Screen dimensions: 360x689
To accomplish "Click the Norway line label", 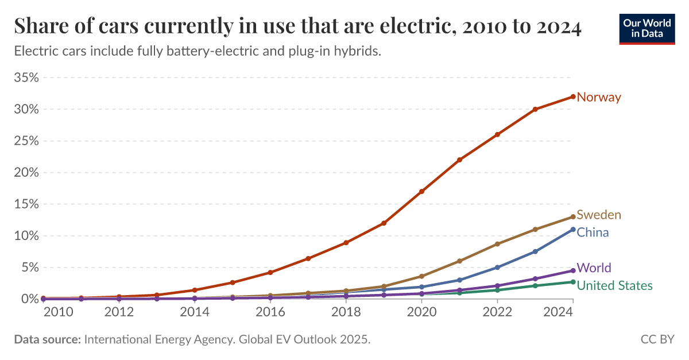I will click(598, 97).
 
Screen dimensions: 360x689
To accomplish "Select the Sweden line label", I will click(598, 215).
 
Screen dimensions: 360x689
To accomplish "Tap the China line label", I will click(593, 233).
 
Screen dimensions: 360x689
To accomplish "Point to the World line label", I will click(594, 268).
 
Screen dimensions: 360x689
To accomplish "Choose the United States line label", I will click(614, 285).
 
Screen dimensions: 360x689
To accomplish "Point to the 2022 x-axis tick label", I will click(497, 312).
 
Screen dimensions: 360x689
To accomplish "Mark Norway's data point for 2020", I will click(421, 191).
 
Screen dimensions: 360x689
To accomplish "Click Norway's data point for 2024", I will click(573, 96).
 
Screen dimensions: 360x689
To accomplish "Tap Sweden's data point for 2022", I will click(497, 244).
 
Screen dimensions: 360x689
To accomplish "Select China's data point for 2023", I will click(535, 251).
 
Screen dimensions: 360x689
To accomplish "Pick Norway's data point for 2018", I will click(346, 242).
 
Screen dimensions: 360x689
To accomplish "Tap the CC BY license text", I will click(657, 340).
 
